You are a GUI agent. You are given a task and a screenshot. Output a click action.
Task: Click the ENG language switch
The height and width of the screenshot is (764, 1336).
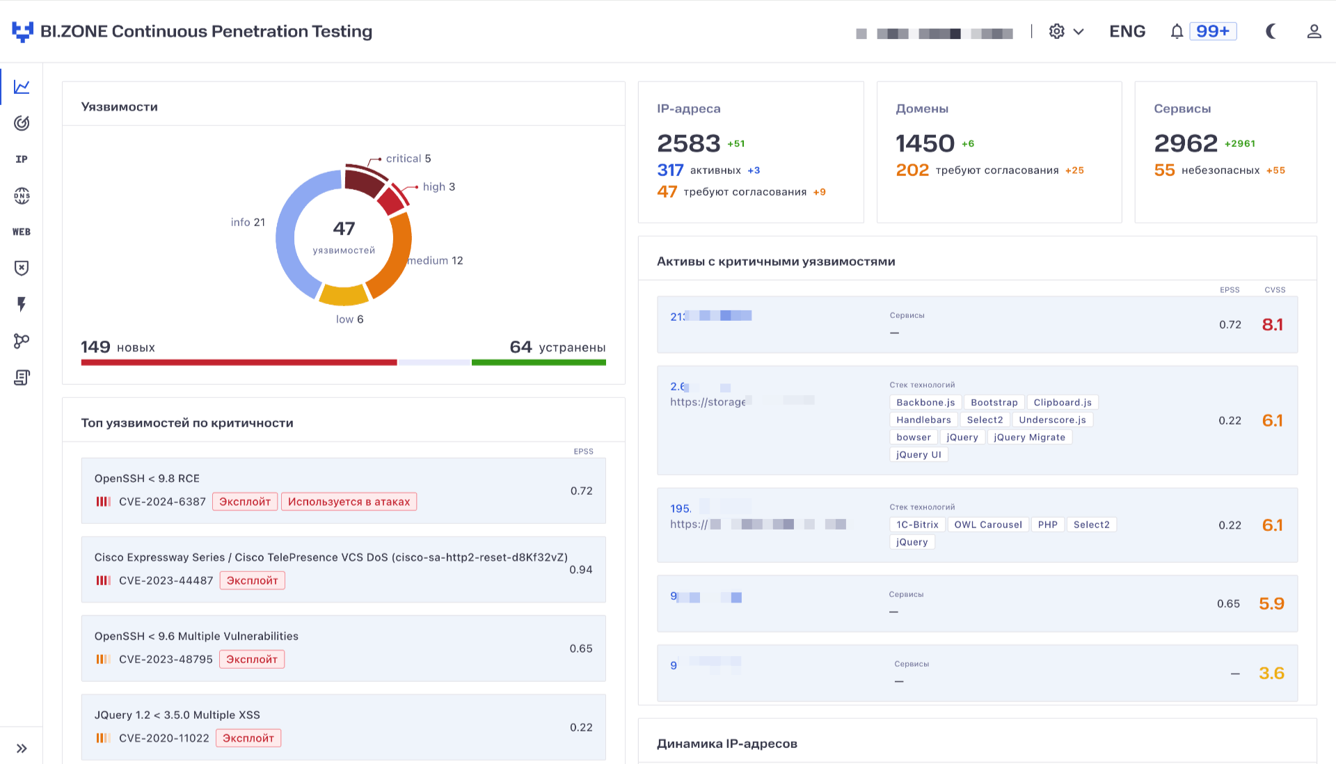tap(1127, 31)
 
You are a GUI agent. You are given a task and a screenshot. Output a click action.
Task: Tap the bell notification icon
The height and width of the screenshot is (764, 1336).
tap(1176, 31)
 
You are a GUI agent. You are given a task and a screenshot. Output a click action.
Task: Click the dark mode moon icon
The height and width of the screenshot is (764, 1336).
tap(1271, 31)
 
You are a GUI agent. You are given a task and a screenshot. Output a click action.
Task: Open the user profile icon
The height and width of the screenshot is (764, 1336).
tap(1314, 31)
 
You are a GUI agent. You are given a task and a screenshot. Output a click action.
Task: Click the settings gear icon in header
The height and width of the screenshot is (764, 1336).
tap(1056, 31)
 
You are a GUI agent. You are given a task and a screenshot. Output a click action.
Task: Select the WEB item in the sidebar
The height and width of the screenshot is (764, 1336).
tap(22, 232)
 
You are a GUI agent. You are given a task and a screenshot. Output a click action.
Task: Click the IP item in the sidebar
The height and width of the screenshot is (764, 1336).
tap(22, 159)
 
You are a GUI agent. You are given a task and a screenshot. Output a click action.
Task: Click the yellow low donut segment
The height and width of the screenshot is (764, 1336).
tap(344, 296)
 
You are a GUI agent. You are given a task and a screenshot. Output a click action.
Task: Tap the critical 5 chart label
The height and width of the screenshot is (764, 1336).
tap(408, 159)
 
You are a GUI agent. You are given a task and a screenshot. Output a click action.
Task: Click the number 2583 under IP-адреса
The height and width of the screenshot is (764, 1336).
tap(688, 143)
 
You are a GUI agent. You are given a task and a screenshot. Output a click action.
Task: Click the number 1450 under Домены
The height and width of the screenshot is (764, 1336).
tap(925, 143)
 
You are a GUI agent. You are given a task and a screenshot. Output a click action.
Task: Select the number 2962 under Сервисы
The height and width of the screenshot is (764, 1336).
tap(1185, 143)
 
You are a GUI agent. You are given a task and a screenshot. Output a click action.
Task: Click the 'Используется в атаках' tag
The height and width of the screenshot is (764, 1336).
tap(349, 502)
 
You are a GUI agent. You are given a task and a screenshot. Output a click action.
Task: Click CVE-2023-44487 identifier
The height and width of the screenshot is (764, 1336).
tap(166, 580)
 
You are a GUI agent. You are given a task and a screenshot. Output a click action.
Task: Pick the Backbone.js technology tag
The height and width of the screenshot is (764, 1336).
tap(925, 402)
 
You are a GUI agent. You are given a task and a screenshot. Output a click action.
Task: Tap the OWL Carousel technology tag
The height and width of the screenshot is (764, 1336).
tap(987, 525)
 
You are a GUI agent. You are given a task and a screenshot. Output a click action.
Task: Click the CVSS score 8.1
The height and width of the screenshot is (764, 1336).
tap(1272, 324)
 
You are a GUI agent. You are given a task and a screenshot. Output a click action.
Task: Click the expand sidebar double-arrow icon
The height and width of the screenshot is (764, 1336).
tap(22, 749)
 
